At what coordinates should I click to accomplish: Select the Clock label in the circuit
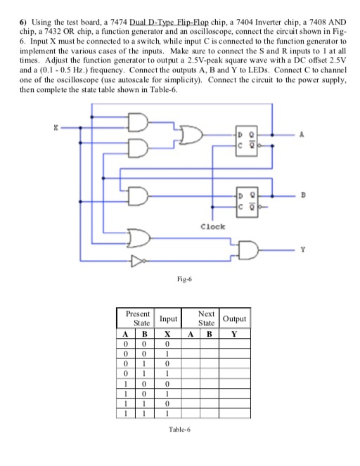[x=212, y=227]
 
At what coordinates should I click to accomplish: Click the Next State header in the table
[x=205, y=318]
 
